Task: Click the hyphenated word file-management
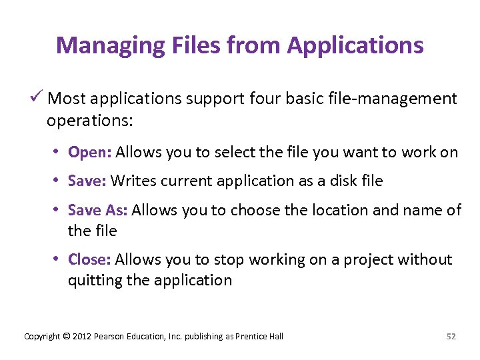[389, 99]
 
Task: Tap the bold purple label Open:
[89, 152]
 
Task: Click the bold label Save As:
[98, 210]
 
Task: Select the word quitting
[95, 280]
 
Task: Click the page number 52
[451, 337]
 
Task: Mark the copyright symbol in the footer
[65, 337]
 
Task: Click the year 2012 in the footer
[82, 337]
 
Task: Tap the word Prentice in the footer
[249, 337]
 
